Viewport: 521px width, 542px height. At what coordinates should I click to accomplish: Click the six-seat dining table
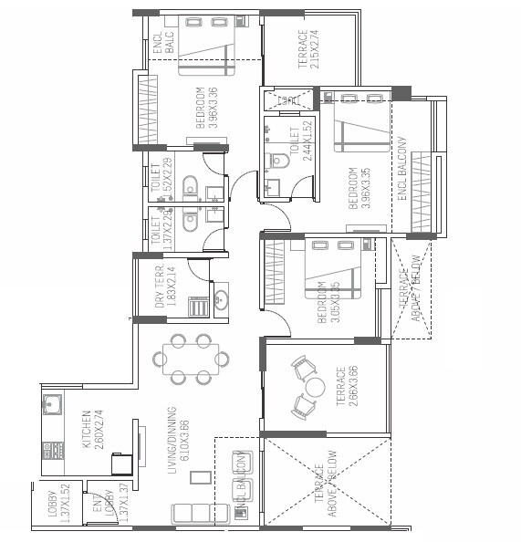192,357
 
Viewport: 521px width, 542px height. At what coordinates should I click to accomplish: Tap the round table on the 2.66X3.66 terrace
315,386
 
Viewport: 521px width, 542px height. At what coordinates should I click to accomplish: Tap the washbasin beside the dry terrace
221,297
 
